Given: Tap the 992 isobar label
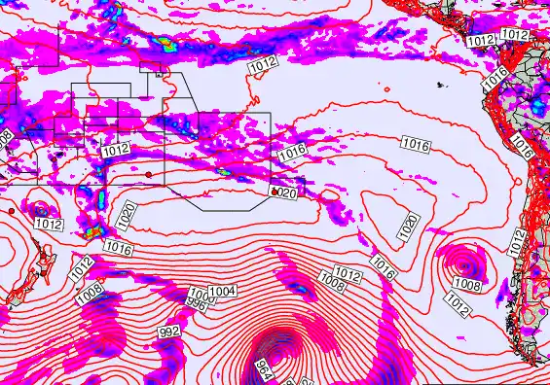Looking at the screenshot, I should (x=169, y=332).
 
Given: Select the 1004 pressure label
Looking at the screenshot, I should (x=223, y=291).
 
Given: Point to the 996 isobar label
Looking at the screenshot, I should (x=197, y=302).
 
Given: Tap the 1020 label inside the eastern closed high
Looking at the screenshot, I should (x=409, y=227).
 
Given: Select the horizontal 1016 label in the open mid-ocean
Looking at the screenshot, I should (x=416, y=145).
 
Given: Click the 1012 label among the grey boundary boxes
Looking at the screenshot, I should (x=115, y=151).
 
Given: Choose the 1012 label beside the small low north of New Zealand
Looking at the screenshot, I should (x=49, y=225).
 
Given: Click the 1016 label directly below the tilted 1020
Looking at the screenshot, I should (x=118, y=249).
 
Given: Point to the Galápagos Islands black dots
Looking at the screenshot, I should (x=440, y=87).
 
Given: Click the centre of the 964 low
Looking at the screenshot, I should (x=275, y=351).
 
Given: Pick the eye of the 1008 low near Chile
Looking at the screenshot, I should (x=464, y=263).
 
